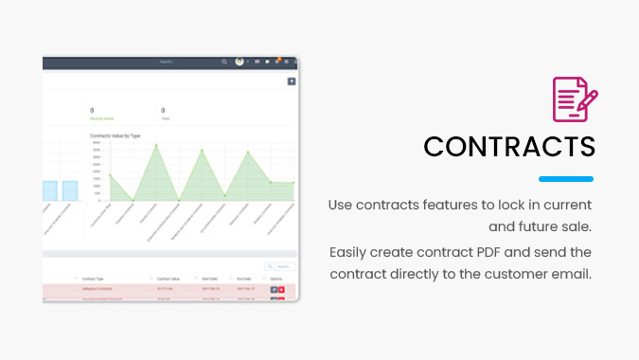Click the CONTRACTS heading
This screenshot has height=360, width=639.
(509, 147)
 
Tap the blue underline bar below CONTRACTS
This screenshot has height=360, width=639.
(566, 179)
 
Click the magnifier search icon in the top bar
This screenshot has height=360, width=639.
(224, 62)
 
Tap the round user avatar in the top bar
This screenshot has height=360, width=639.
(240, 62)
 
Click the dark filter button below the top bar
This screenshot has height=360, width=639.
(292, 81)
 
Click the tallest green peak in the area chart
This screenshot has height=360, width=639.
(157, 145)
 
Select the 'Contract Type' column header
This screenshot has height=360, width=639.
(95, 279)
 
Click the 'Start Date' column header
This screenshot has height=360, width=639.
(210, 279)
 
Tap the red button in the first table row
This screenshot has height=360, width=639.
(281, 288)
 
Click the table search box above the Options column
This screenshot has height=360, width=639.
(282, 266)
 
